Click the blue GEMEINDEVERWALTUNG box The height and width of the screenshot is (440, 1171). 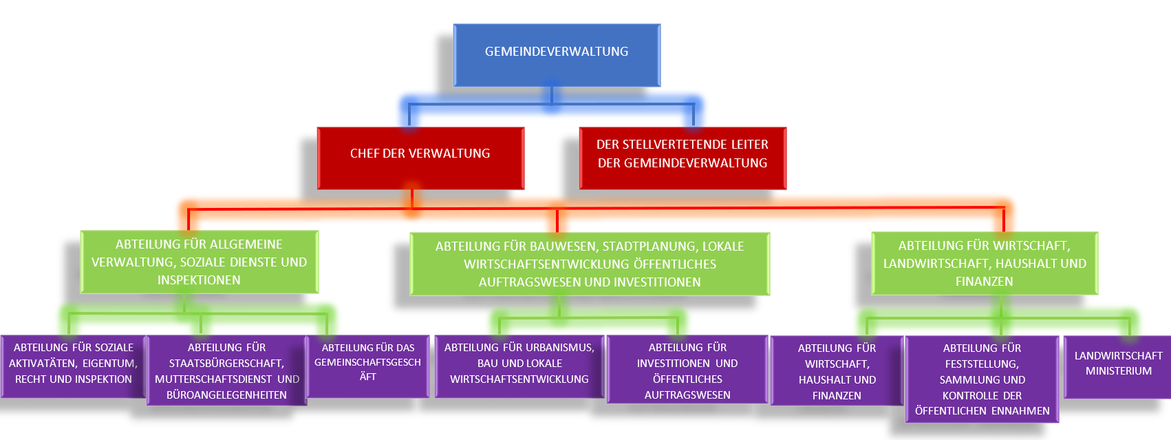point(557,55)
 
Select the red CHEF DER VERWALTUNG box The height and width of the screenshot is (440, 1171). point(420,158)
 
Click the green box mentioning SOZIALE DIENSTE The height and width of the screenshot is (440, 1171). point(199,262)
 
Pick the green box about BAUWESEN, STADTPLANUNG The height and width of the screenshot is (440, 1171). point(590,264)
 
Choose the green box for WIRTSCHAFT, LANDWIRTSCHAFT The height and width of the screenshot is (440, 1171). point(985,264)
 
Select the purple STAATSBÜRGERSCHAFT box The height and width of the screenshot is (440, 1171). point(226,370)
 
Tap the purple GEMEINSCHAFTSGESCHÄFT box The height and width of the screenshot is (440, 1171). point(368,366)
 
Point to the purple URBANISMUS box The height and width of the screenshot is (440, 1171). point(519,366)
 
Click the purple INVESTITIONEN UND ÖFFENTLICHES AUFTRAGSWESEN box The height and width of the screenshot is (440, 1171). point(687,370)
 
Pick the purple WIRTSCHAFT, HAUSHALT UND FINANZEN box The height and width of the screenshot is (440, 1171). point(837,371)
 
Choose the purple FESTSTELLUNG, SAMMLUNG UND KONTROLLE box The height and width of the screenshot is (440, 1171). point(982,379)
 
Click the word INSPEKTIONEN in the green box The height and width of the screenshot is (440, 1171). point(199,280)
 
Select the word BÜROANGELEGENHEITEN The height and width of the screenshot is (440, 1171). point(226,395)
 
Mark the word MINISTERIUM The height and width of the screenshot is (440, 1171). point(1118,371)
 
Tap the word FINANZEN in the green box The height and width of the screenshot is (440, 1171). point(984,282)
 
